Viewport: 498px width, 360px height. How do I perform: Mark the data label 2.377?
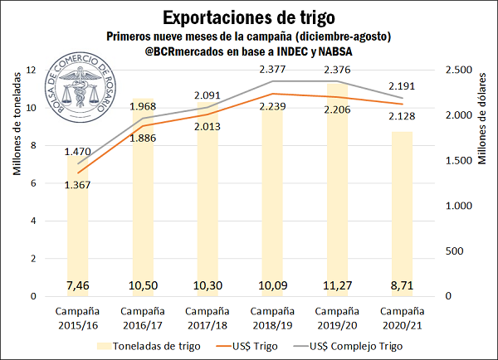pyautogui.click(x=275, y=68)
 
